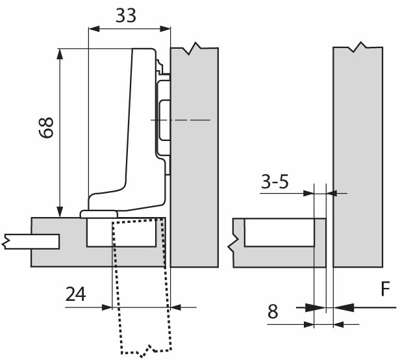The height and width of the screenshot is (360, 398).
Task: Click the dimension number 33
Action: pyautogui.click(x=126, y=16)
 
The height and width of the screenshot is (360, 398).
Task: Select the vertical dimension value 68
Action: pyautogui.click(x=46, y=127)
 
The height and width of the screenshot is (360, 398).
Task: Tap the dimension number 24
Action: pyautogui.click(x=76, y=294)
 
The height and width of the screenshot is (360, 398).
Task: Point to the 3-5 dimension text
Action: pyautogui.click(x=275, y=182)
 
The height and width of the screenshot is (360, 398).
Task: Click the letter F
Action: pyautogui.click(x=385, y=289)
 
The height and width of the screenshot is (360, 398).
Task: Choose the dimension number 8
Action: pyautogui.click(x=273, y=311)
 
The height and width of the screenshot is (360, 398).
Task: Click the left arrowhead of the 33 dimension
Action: pyautogui.click(x=93, y=29)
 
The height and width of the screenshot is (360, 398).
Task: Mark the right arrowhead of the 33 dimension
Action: pyautogui.click(x=165, y=29)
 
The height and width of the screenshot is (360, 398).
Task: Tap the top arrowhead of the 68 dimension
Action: pyautogui.click(x=60, y=54)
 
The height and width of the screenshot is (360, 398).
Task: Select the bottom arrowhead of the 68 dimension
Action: pyautogui.click(x=60, y=212)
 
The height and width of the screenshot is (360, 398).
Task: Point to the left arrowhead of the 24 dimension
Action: pyautogui.click(x=106, y=307)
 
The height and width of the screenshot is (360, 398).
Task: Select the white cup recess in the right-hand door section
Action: pyautogui.click(x=279, y=232)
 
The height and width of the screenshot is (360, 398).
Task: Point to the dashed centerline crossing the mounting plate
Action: pyautogui.click(x=180, y=120)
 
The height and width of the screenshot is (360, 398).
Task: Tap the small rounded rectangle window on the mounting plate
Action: pyautogui.click(x=164, y=120)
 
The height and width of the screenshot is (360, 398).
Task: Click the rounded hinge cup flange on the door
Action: pyautogui.click(x=99, y=214)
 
